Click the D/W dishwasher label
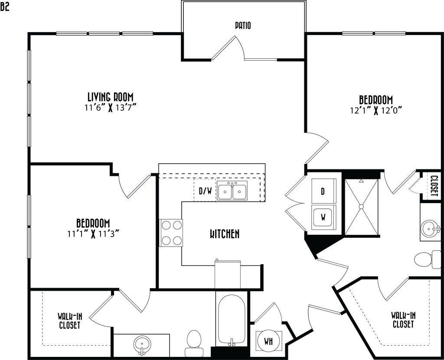205,191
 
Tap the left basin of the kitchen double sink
225,191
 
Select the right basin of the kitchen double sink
239,191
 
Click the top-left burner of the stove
166,225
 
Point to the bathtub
232,318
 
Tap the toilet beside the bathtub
194,341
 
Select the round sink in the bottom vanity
141,345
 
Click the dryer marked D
323,191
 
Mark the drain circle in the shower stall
361,207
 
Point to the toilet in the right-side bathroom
426,259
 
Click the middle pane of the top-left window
104,33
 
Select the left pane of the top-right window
358,33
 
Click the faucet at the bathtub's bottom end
232,342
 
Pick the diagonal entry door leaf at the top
224,48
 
